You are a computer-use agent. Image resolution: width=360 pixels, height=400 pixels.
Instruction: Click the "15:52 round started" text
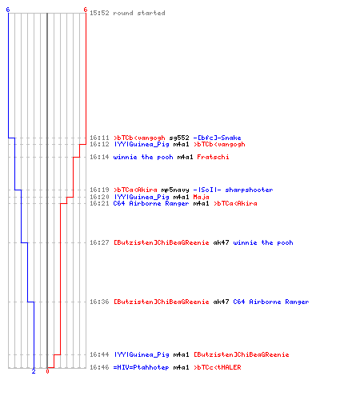127,13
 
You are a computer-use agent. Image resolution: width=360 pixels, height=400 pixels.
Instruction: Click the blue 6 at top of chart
8,10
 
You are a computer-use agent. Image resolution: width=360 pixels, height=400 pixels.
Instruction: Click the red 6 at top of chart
85,10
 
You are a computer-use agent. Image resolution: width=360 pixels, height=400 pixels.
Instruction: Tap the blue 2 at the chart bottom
34,371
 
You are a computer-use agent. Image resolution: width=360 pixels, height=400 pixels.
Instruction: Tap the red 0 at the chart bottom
47,371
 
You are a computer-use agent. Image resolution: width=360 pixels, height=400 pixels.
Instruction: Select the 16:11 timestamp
99,138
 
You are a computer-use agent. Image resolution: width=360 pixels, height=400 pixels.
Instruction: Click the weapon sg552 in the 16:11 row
179,138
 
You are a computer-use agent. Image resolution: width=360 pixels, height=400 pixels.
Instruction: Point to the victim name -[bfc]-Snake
217,138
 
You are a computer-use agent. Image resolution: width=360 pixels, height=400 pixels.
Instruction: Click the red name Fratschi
213,157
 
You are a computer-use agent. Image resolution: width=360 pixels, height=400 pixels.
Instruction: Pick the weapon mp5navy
175,190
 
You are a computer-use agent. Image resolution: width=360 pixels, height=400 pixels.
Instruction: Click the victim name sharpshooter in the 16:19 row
249,190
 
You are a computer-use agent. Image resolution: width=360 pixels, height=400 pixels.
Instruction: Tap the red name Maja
201,197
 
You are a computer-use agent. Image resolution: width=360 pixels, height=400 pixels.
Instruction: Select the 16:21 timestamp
99,203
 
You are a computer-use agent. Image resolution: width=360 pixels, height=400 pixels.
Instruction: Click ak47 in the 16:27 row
221,242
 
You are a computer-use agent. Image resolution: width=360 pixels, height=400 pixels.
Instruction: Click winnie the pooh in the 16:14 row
143,157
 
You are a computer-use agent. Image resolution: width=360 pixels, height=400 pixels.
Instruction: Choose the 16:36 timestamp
99,302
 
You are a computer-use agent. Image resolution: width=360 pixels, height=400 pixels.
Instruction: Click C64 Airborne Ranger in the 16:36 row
271,302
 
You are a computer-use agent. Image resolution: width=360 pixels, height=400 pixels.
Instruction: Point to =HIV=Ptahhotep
141,367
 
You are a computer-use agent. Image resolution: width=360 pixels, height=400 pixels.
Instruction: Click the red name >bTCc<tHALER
217,367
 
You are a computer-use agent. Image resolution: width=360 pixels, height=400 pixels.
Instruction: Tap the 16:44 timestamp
99,354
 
